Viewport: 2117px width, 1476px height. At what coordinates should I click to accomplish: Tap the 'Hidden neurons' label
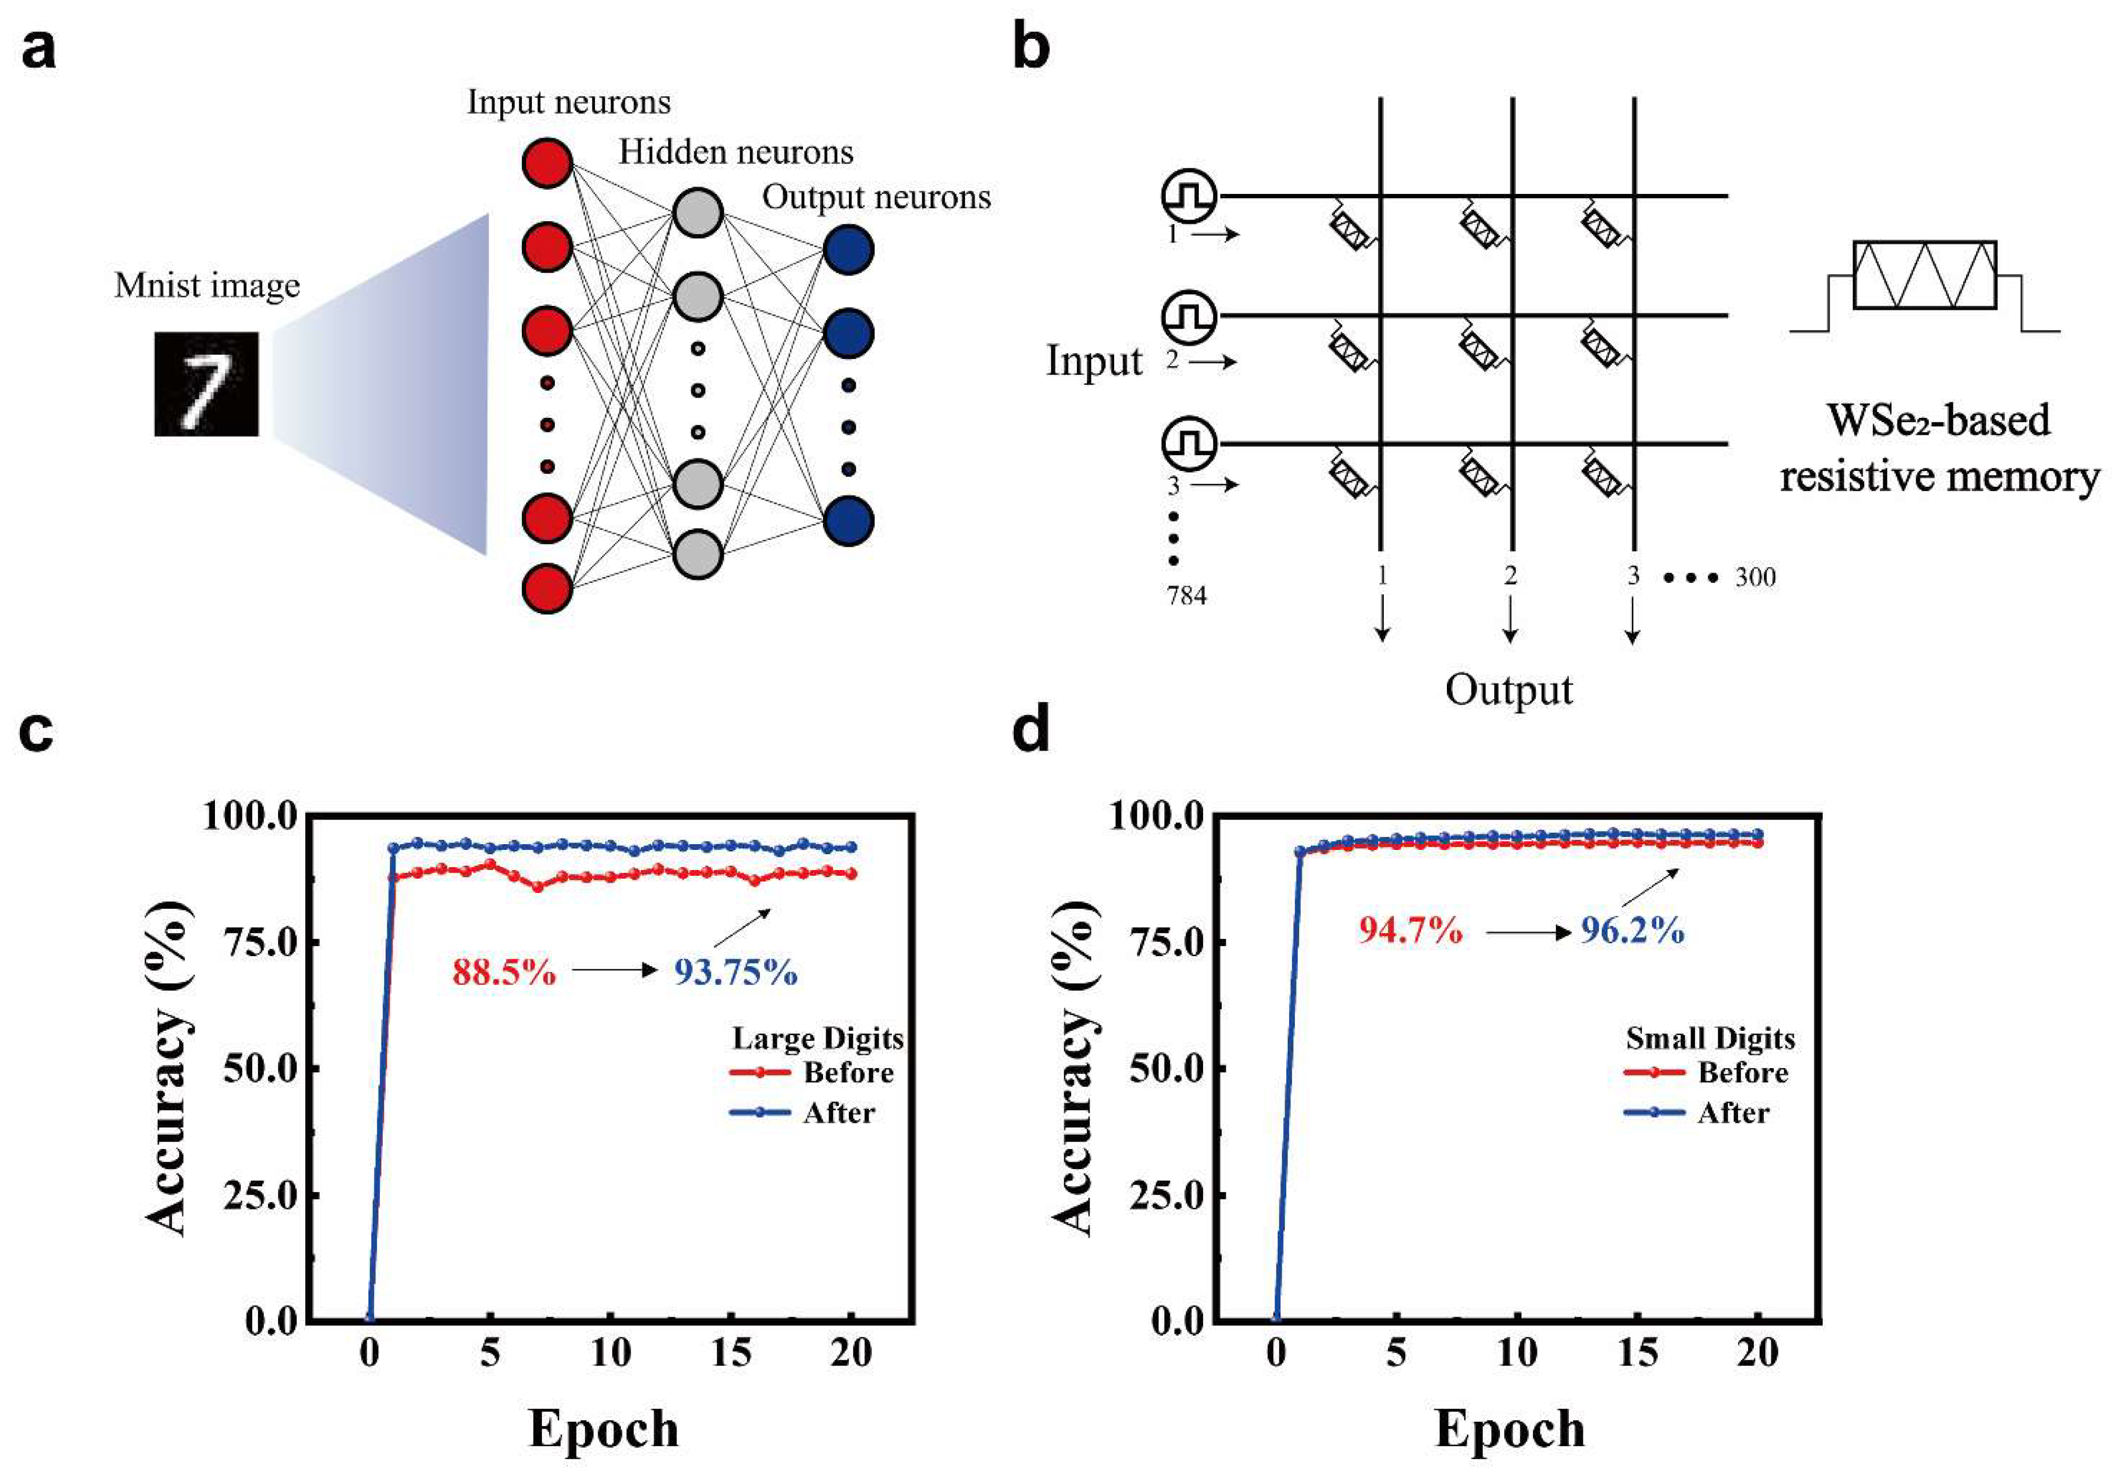pyautogui.click(x=735, y=152)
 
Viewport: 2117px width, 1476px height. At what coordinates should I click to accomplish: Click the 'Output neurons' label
pyautogui.click(x=876, y=197)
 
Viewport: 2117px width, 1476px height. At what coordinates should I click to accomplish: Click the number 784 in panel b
pyautogui.click(x=1186, y=596)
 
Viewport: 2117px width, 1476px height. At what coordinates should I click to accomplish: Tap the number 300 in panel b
pyautogui.click(x=1755, y=578)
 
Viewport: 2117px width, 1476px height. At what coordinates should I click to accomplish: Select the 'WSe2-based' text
pyautogui.click(x=1938, y=421)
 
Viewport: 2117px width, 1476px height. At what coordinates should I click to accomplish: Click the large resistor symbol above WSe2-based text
pyautogui.click(x=1924, y=275)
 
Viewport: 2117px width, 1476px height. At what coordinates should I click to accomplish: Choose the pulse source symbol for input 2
pyautogui.click(x=1188, y=317)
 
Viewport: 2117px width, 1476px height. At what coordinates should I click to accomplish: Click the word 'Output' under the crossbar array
pyautogui.click(x=1508, y=690)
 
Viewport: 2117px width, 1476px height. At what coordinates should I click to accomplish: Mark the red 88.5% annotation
pyautogui.click(x=503, y=972)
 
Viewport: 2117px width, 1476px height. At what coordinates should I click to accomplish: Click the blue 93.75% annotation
pyautogui.click(x=735, y=972)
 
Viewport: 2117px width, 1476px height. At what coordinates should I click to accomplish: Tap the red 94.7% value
pyautogui.click(x=1410, y=931)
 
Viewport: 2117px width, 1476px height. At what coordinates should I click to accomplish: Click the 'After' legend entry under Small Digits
pyautogui.click(x=1732, y=1113)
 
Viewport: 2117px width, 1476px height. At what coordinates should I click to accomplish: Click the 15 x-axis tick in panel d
pyautogui.click(x=1638, y=1352)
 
